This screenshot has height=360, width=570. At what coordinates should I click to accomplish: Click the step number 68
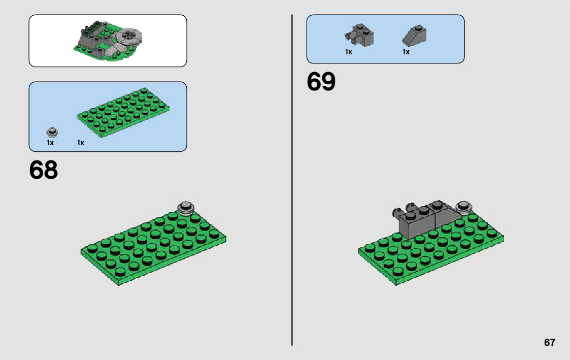tap(44, 171)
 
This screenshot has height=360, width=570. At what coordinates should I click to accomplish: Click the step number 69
tap(321, 82)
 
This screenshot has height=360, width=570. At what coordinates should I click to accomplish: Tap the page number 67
tap(549, 342)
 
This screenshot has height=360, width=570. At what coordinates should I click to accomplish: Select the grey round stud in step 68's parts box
tap(51, 133)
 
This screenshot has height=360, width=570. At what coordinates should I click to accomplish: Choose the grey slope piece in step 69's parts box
tap(415, 35)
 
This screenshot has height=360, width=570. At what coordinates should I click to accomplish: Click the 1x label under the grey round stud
tap(50, 143)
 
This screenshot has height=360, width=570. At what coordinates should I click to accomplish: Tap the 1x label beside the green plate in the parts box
tap(81, 143)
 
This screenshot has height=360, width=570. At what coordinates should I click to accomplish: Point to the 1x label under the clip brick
tap(349, 52)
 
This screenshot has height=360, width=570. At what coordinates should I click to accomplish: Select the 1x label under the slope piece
tap(406, 52)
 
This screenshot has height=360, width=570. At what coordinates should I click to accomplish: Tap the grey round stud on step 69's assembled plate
tap(463, 206)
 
